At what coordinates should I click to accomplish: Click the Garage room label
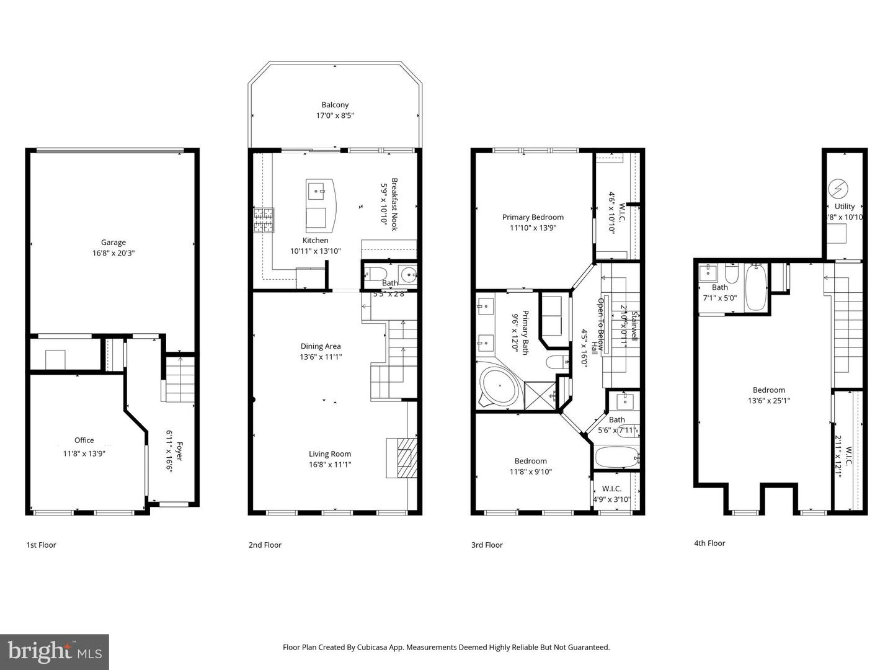[113, 243]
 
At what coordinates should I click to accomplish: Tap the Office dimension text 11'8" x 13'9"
[84, 453]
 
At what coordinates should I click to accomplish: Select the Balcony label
[335, 105]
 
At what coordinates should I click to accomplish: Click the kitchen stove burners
[262, 220]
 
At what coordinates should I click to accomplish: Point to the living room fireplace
[402, 458]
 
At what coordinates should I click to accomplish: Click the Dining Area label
[321, 346]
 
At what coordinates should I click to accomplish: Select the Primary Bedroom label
[533, 217]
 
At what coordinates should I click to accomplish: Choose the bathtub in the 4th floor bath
[756, 287]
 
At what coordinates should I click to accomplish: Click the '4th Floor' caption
[709, 543]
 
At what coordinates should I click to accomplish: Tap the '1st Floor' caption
[41, 545]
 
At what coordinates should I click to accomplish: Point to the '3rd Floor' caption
[487, 545]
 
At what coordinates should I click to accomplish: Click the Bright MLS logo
[55, 651]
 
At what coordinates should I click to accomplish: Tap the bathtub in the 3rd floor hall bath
[616, 458]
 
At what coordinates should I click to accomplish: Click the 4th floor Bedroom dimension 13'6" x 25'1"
[769, 400]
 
